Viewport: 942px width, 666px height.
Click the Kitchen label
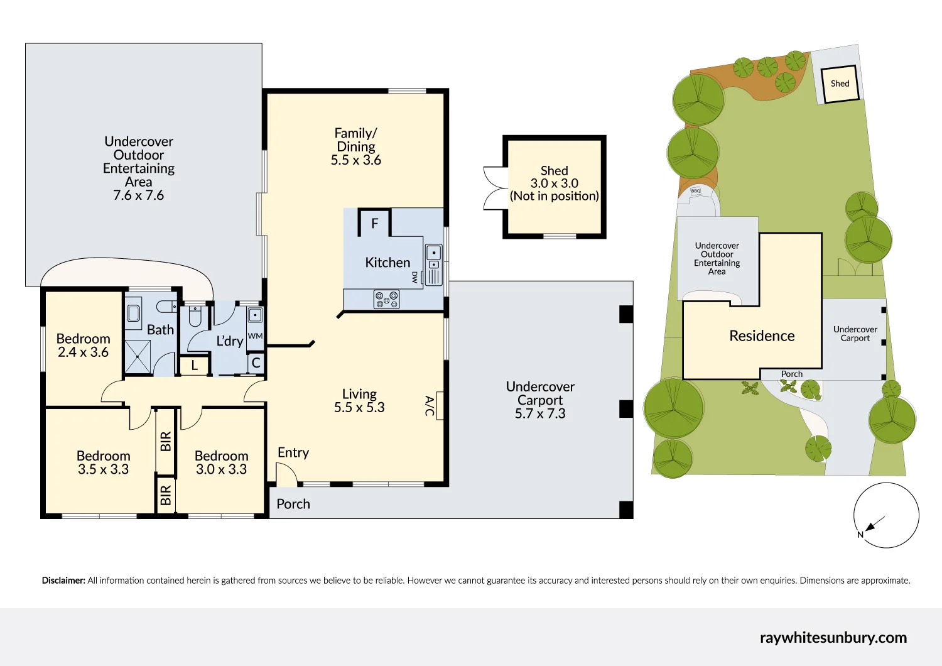point(387,263)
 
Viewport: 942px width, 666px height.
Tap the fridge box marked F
point(375,223)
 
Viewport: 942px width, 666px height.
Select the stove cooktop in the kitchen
point(387,299)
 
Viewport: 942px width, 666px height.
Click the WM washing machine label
point(255,336)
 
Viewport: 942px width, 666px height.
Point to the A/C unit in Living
point(439,406)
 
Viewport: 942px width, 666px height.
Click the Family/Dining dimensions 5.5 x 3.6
point(356,160)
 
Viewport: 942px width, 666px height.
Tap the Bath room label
point(160,330)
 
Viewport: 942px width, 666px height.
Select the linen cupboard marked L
point(195,365)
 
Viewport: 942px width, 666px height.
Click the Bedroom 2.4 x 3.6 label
point(83,346)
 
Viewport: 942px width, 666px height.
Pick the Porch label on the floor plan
point(293,504)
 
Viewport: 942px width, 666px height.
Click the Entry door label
point(293,452)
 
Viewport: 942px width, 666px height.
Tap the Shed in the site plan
point(840,84)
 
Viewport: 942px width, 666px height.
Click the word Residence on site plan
point(762,336)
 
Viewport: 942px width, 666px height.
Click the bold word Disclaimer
point(63,581)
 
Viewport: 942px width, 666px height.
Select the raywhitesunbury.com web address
point(833,638)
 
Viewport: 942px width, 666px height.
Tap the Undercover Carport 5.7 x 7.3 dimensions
point(540,413)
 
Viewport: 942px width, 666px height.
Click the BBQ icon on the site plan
point(696,191)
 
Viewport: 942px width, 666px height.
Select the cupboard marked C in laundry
point(256,363)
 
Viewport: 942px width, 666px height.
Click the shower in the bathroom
point(138,357)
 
